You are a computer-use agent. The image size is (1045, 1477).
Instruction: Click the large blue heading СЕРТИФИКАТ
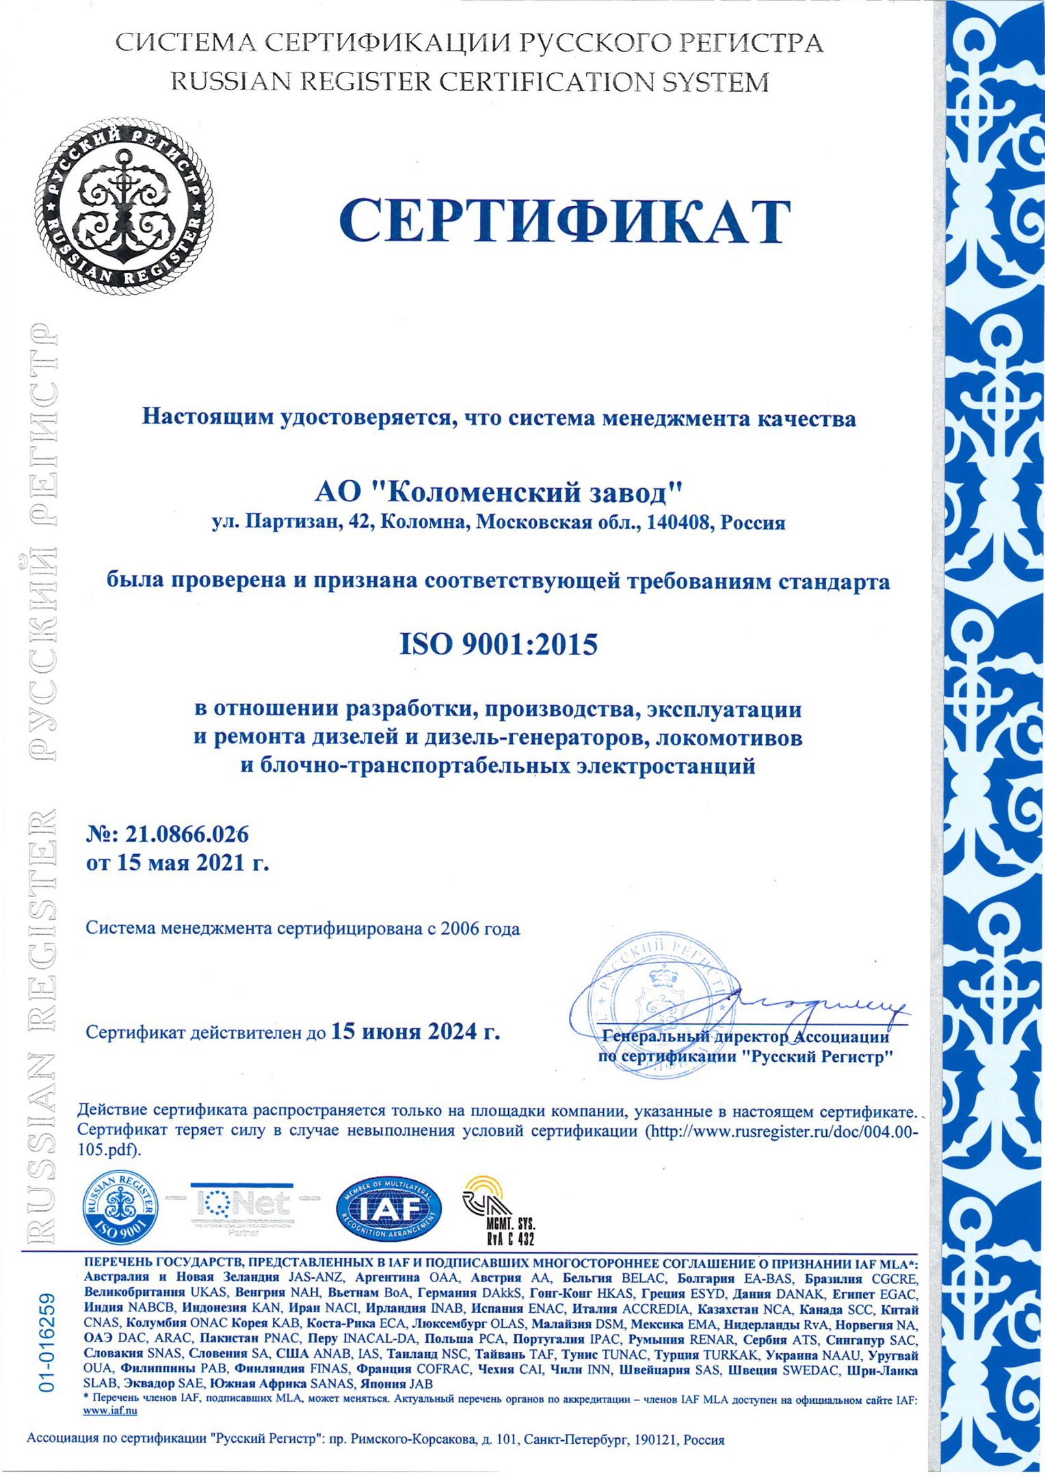pos(564,220)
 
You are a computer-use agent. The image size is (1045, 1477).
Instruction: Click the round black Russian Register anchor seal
pos(123,206)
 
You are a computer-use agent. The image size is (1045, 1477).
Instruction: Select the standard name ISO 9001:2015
pos(498,644)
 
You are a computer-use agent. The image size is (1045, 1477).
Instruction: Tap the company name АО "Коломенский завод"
pos(499,492)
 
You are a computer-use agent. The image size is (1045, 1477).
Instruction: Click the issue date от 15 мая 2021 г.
pos(177,863)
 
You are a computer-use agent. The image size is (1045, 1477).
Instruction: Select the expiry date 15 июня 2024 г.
pos(415,1030)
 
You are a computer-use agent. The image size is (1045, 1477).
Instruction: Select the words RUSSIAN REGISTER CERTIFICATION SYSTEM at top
pos(469,82)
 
